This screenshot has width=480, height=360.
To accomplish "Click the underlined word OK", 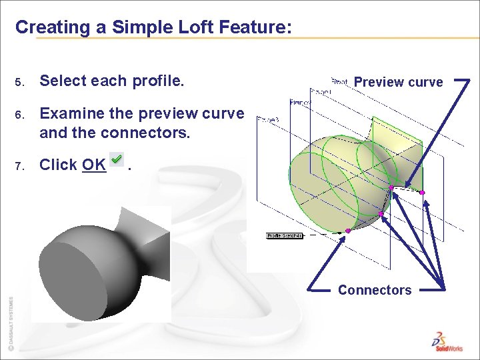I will (94, 165).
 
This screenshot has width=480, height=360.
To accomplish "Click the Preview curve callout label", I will (398, 82).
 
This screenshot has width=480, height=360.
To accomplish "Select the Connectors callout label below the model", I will (375, 290).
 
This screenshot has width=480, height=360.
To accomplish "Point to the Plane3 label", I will (267, 119).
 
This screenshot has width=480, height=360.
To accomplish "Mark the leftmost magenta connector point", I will (348, 231).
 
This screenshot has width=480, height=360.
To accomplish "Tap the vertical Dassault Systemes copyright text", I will (10, 323).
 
